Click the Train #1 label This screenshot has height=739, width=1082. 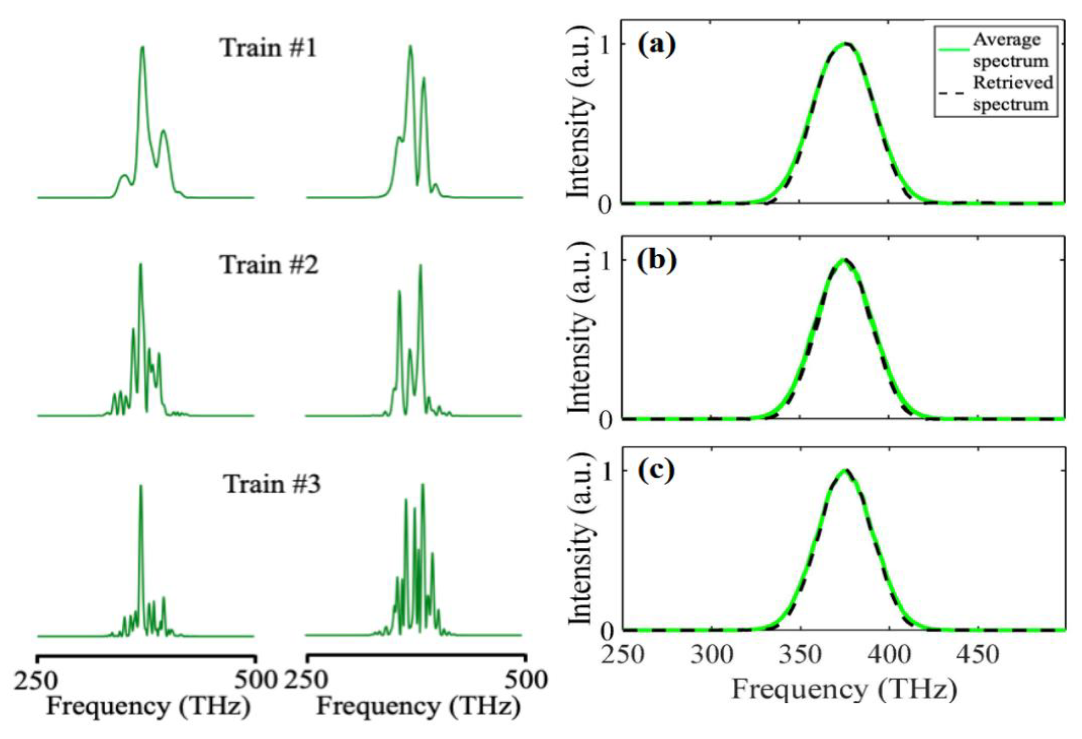[x=268, y=48]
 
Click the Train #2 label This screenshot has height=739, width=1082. [x=269, y=265]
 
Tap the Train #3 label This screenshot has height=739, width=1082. [x=273, y=484]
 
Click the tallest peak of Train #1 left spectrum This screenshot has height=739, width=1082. [x=143, y=47]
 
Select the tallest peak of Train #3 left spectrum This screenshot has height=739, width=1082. [x=141, y=486]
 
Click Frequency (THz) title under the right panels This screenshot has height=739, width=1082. [x=844, y=690]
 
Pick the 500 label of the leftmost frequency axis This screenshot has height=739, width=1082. [x=255, y=680]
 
